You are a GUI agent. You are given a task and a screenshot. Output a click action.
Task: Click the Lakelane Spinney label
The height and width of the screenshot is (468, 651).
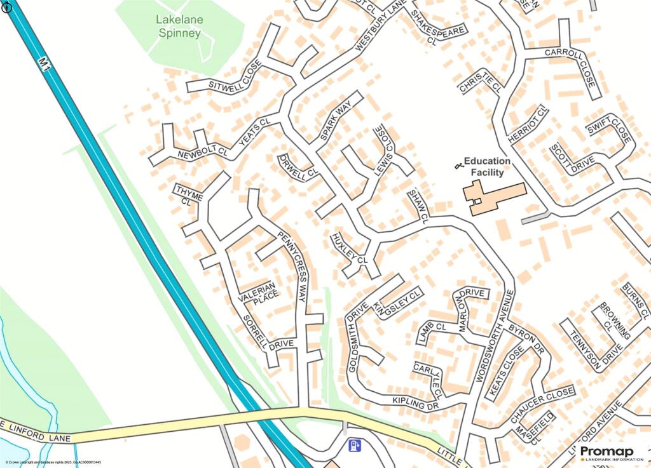click(179, 27)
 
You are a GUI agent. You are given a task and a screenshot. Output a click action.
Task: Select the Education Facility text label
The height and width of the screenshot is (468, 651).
click(487, 167)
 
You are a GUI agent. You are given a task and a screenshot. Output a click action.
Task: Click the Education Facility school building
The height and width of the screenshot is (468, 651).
click(493, 197)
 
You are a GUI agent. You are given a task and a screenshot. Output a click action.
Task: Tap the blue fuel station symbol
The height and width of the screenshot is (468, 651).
click(355, 446)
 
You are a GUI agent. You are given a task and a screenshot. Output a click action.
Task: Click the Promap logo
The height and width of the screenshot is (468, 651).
click(602, 452)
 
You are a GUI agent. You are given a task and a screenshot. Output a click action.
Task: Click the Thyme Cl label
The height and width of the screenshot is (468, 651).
click(188, 196)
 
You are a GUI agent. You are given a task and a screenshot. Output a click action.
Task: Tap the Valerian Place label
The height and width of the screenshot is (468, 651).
click(258, 293)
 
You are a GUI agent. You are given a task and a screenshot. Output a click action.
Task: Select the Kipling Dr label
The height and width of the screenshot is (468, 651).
click(416, 402)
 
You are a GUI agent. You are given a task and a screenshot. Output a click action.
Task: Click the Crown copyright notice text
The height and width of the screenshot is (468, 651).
click(53, 462)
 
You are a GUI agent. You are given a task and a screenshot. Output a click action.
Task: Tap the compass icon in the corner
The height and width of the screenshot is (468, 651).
click(7, 7)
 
